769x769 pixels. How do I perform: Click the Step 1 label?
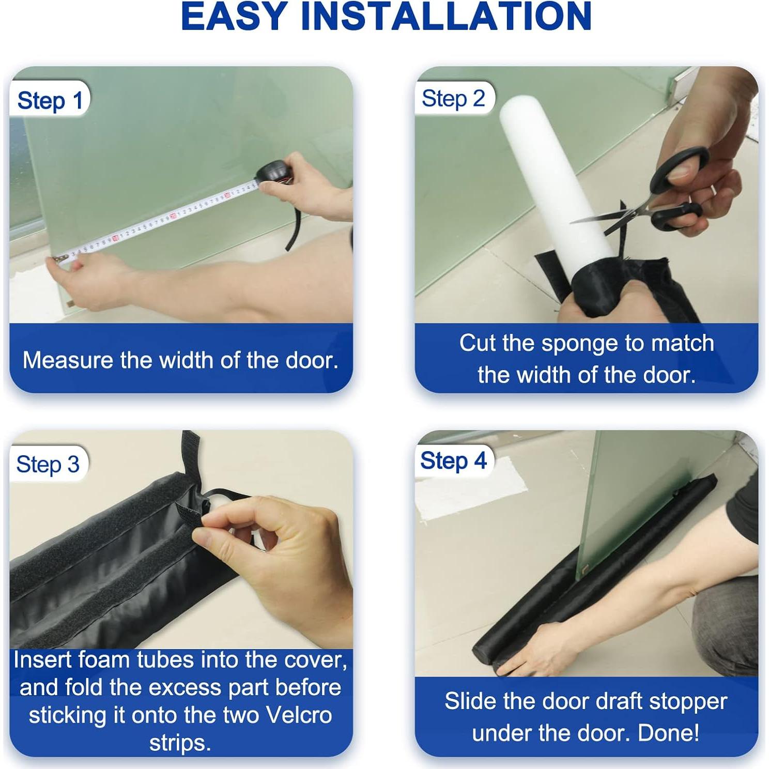coord(50,100)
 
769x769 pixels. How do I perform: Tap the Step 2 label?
coord(453,99)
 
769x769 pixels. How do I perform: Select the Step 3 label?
coord(48,464)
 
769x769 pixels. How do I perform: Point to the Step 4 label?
coord(453,460)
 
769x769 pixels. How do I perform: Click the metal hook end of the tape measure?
coord(58,259)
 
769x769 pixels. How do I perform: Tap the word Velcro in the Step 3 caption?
coord(298,715)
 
